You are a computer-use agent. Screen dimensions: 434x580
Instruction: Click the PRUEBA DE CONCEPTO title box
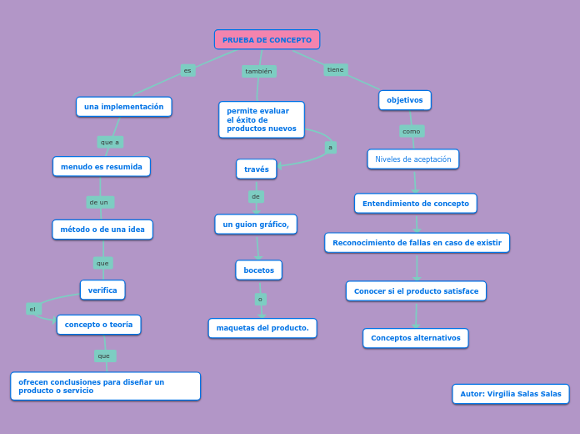coord(267,40)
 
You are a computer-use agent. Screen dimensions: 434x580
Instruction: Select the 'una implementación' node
coord(124,107)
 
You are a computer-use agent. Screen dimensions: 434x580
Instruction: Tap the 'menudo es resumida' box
coord(102,167)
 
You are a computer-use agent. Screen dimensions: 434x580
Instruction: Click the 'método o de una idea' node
coord(102,230)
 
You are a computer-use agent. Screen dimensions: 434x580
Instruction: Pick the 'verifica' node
coord(102,290)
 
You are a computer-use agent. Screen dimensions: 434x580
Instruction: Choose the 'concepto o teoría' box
coord(98,325)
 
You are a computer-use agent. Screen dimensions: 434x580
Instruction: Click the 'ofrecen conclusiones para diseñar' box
coord(106,386)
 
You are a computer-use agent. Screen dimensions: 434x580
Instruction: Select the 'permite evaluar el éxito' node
coord(262,120)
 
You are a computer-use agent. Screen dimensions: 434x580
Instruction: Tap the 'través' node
coord(257,169)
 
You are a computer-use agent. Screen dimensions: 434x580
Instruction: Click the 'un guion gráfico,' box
coord(256,225)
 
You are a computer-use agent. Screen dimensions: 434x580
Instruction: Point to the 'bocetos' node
coord(258,270)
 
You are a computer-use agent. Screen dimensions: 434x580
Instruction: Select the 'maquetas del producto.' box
coord(262,328)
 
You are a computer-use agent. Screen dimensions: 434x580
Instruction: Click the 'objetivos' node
coord(405,100)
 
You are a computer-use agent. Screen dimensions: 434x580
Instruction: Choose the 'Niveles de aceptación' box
coord(413,159)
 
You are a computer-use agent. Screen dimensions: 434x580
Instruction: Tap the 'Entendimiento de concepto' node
coord(416,204)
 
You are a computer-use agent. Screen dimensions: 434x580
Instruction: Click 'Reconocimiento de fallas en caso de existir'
coord(417,243)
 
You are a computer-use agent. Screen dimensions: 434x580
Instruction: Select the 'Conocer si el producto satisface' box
coord(416,291)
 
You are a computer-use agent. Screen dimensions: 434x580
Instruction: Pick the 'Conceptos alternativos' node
coord(416,338)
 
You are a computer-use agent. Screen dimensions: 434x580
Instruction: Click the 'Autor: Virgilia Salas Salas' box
coord(511,394)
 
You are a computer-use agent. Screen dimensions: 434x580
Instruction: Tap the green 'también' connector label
coord(258,72)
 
